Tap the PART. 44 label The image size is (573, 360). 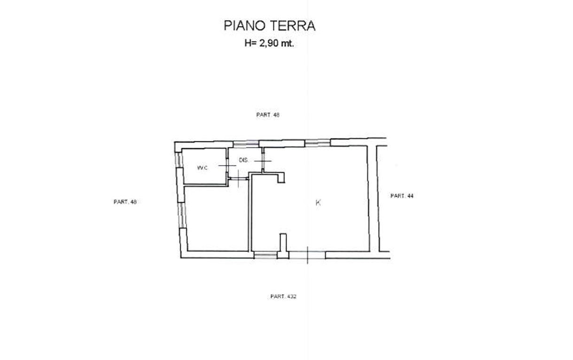(402, 196)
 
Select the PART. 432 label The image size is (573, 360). (284, 297)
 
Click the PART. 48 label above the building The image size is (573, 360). (268, 115)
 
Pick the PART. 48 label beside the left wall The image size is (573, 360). (125, 202)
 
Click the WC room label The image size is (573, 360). (202, 168)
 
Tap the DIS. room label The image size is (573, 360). (244, 161)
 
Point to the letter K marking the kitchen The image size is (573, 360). (318, 203)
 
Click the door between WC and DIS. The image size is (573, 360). (227, 166)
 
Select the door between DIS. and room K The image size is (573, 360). (263, 161)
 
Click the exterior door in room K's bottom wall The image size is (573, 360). (307, 254)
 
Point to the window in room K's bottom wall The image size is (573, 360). (265, 255)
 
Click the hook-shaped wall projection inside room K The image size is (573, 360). (280, 177)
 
